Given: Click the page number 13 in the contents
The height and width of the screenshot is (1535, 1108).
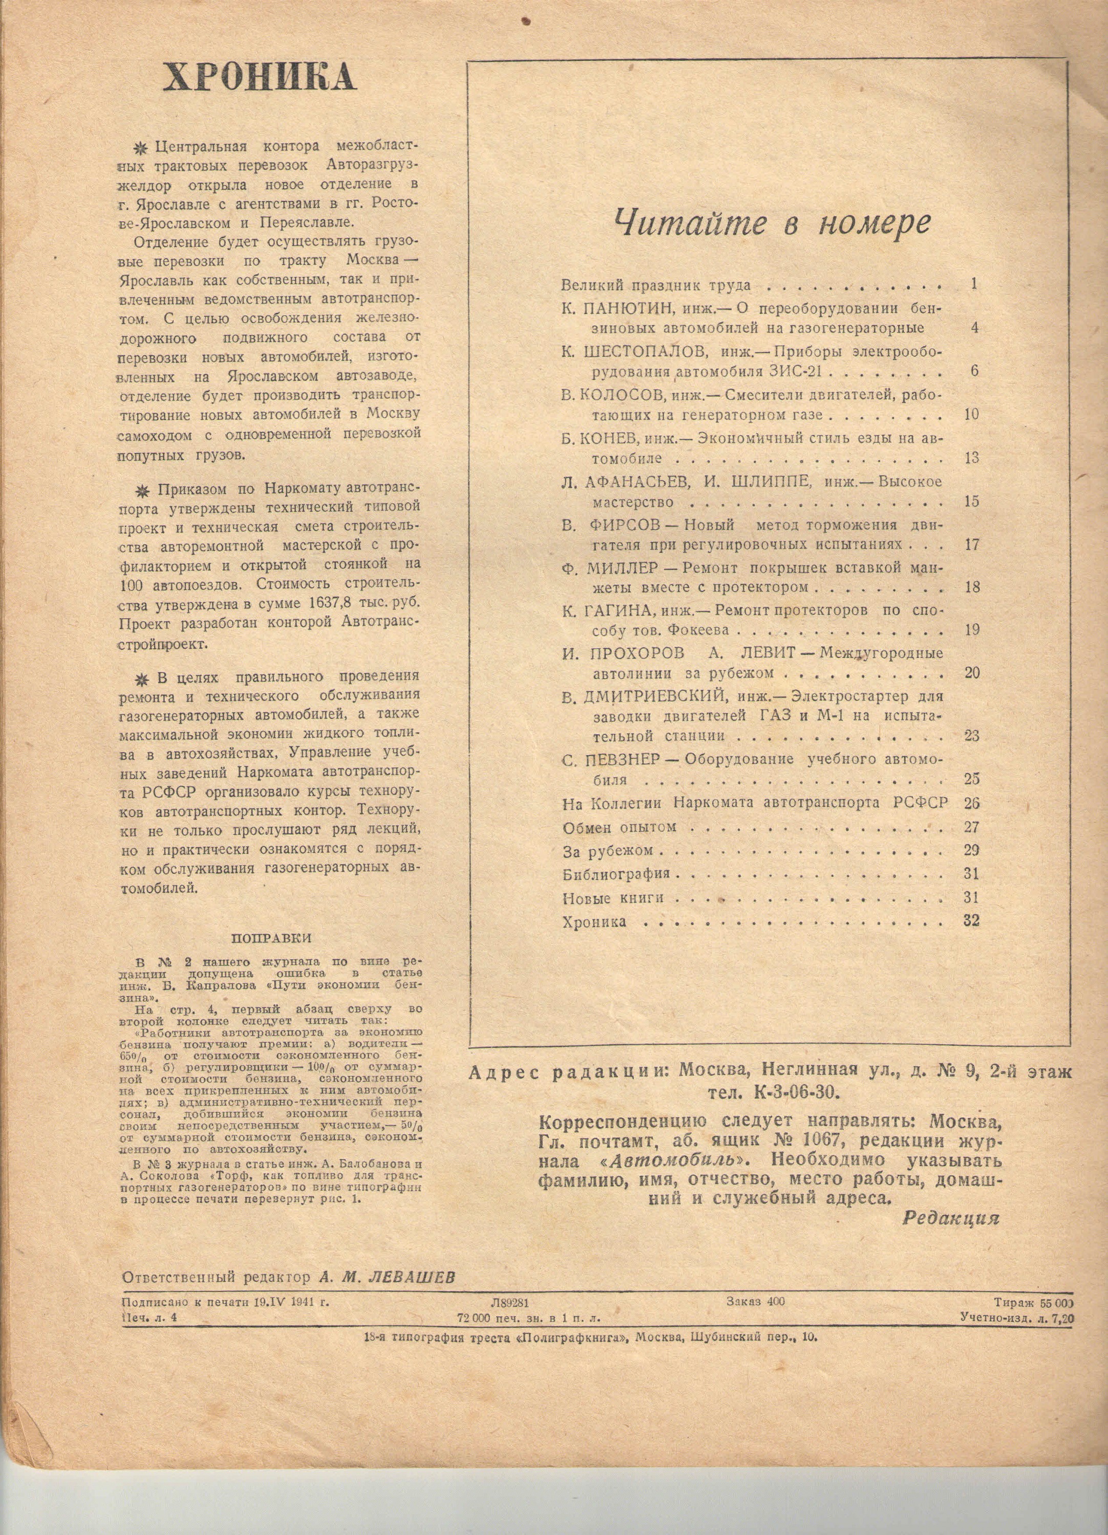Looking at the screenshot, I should tap(972, 458).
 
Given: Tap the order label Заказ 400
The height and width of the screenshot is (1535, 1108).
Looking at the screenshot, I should tap(755, 1301).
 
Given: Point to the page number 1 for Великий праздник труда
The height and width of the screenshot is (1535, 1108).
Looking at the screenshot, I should tap(973, 284).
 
